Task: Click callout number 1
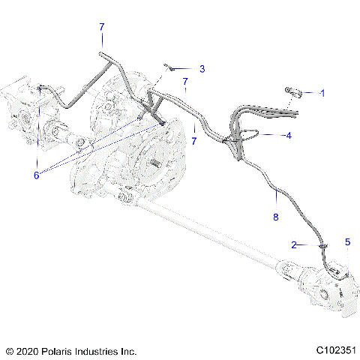pyautogui.click(x=322, y=93)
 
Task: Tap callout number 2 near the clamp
pyautogui.click(x=295, y=244)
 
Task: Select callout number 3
pyautogui.click(x=202, y=68)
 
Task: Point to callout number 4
pyautogui.click(x=288, y=136)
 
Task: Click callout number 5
pyautogui.click(x=347, y=241)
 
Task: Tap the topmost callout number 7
pyautogui.click(x=102, y=27)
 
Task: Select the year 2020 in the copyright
pyautogui.click(x=27, y=350)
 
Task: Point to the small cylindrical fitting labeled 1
pyautogui.click(x=292, y=93)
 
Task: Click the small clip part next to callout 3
pyautogui.click(x=172, y=67)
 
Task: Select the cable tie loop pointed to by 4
pyautogui.click(x=247, y=136)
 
